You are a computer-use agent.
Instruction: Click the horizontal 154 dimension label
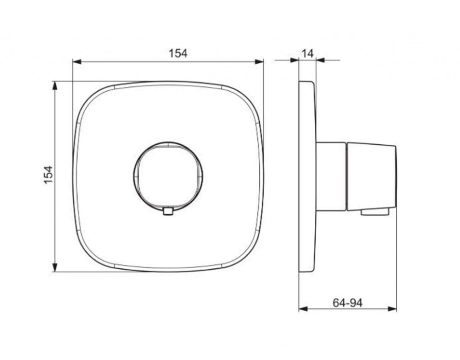pyautogui.click(x=178, y=53)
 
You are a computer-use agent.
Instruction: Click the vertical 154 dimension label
pyautogui.click(x=49, y=175)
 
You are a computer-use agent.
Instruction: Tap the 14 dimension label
pyautogui.click(x=307, y=53)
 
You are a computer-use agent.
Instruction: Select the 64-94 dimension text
pyautogui.click(x=347, y=302)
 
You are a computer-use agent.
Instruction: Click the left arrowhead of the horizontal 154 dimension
pyautogui.click(x=76, y=61)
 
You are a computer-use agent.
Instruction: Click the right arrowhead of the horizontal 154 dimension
pyautogui.click(x=259, y=61)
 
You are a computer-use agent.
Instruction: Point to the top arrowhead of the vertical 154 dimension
pyautogui.click(x=54, y=86)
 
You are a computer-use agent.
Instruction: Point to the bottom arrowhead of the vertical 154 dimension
pyautogui.click(x=54, y=267)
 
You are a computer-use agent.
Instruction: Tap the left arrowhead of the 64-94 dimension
pyautogui.click(x=303, y=309)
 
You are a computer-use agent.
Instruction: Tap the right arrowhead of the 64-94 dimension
pyautogui.click(x=392, y=309)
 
